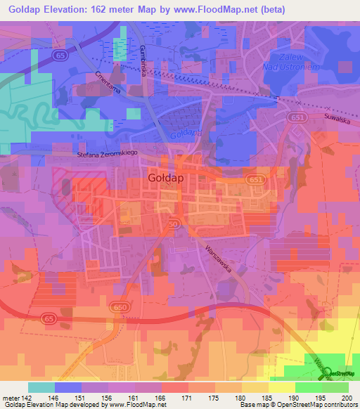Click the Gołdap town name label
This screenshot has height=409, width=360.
166,178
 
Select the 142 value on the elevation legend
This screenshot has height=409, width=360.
27,397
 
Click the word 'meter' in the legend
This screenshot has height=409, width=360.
11,397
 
